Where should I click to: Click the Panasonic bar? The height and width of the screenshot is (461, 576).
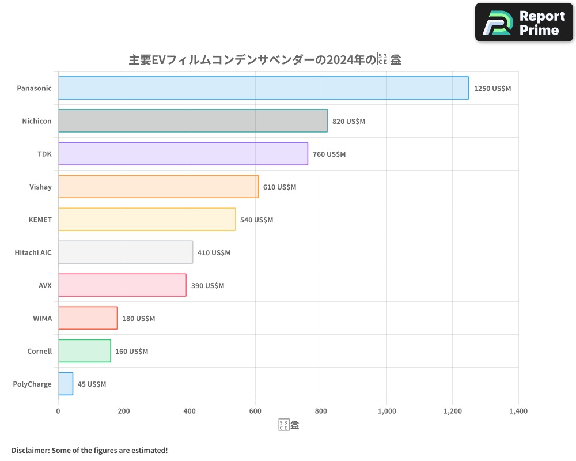pos(263,88)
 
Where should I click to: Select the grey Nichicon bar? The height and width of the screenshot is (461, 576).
pos(193,121)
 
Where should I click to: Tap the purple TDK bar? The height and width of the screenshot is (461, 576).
pos(183,154)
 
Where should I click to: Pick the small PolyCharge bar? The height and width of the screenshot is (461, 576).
pos(66,384)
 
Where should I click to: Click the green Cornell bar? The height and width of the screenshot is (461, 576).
pos(84,351)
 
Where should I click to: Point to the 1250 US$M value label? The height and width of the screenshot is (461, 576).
pos(492,89)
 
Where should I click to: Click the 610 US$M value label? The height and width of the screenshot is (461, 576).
pos(279,187)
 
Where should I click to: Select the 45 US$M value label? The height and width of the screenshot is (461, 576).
pos(92,384)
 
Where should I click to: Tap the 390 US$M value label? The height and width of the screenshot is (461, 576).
pos(207,286)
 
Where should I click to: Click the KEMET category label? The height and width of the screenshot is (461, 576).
pos(40,220)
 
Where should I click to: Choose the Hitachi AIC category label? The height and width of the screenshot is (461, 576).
pos(33,252)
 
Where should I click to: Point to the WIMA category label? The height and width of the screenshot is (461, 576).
pos(42,318)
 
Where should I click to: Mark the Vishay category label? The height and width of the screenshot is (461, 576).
pos(40,187)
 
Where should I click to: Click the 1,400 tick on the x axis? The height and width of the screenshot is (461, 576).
pos(518,411)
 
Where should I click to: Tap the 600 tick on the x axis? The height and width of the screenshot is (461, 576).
pos(255,411)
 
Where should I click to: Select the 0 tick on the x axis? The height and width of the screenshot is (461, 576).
pos(58,411)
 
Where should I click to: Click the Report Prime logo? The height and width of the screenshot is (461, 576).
pos(524,22)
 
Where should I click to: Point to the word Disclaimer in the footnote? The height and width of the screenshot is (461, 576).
pos(30,451)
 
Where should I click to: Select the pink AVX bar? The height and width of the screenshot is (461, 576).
pos(122,285)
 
